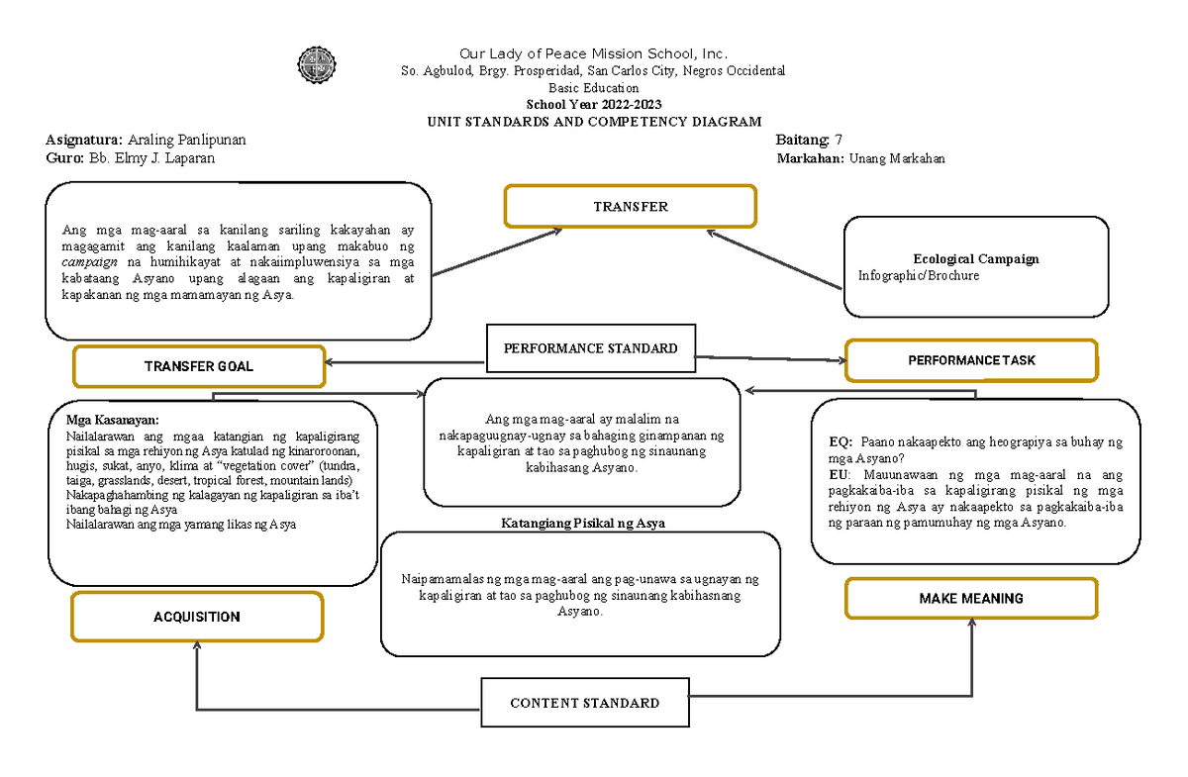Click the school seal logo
(317, 66)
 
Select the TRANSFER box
(631, 207)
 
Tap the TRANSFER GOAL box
(199, 366)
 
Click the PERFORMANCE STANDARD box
(590, 348)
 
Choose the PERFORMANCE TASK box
(970, 360)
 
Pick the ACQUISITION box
(196, 617)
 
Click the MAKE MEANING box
(970, 598)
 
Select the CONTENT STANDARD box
(584, 703)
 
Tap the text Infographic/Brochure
(918, 276)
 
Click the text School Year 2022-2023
(593, 104)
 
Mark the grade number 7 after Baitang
(840, 140)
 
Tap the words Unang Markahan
(896, 158)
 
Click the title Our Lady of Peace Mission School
(593, 53)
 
